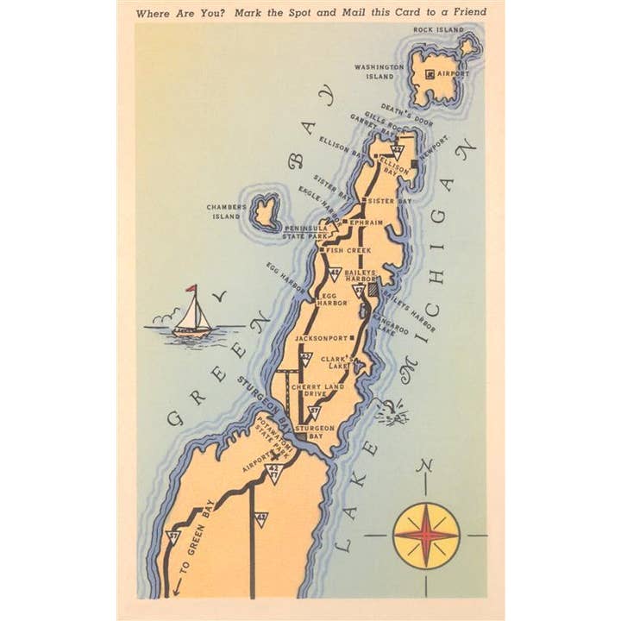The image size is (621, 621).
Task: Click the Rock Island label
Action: tap(438, 30)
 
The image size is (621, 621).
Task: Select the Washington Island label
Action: tap(379, 72)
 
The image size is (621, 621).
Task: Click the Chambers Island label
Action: tap(227, 211)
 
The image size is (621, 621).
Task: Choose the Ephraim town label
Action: tap(369, 221)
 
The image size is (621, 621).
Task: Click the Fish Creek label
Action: tap(348, 250)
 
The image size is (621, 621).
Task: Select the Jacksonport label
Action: tap(321, 338)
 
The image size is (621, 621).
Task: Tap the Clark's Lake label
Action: tap(336, 361)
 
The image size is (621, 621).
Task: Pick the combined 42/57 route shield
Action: tap(274, 472)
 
